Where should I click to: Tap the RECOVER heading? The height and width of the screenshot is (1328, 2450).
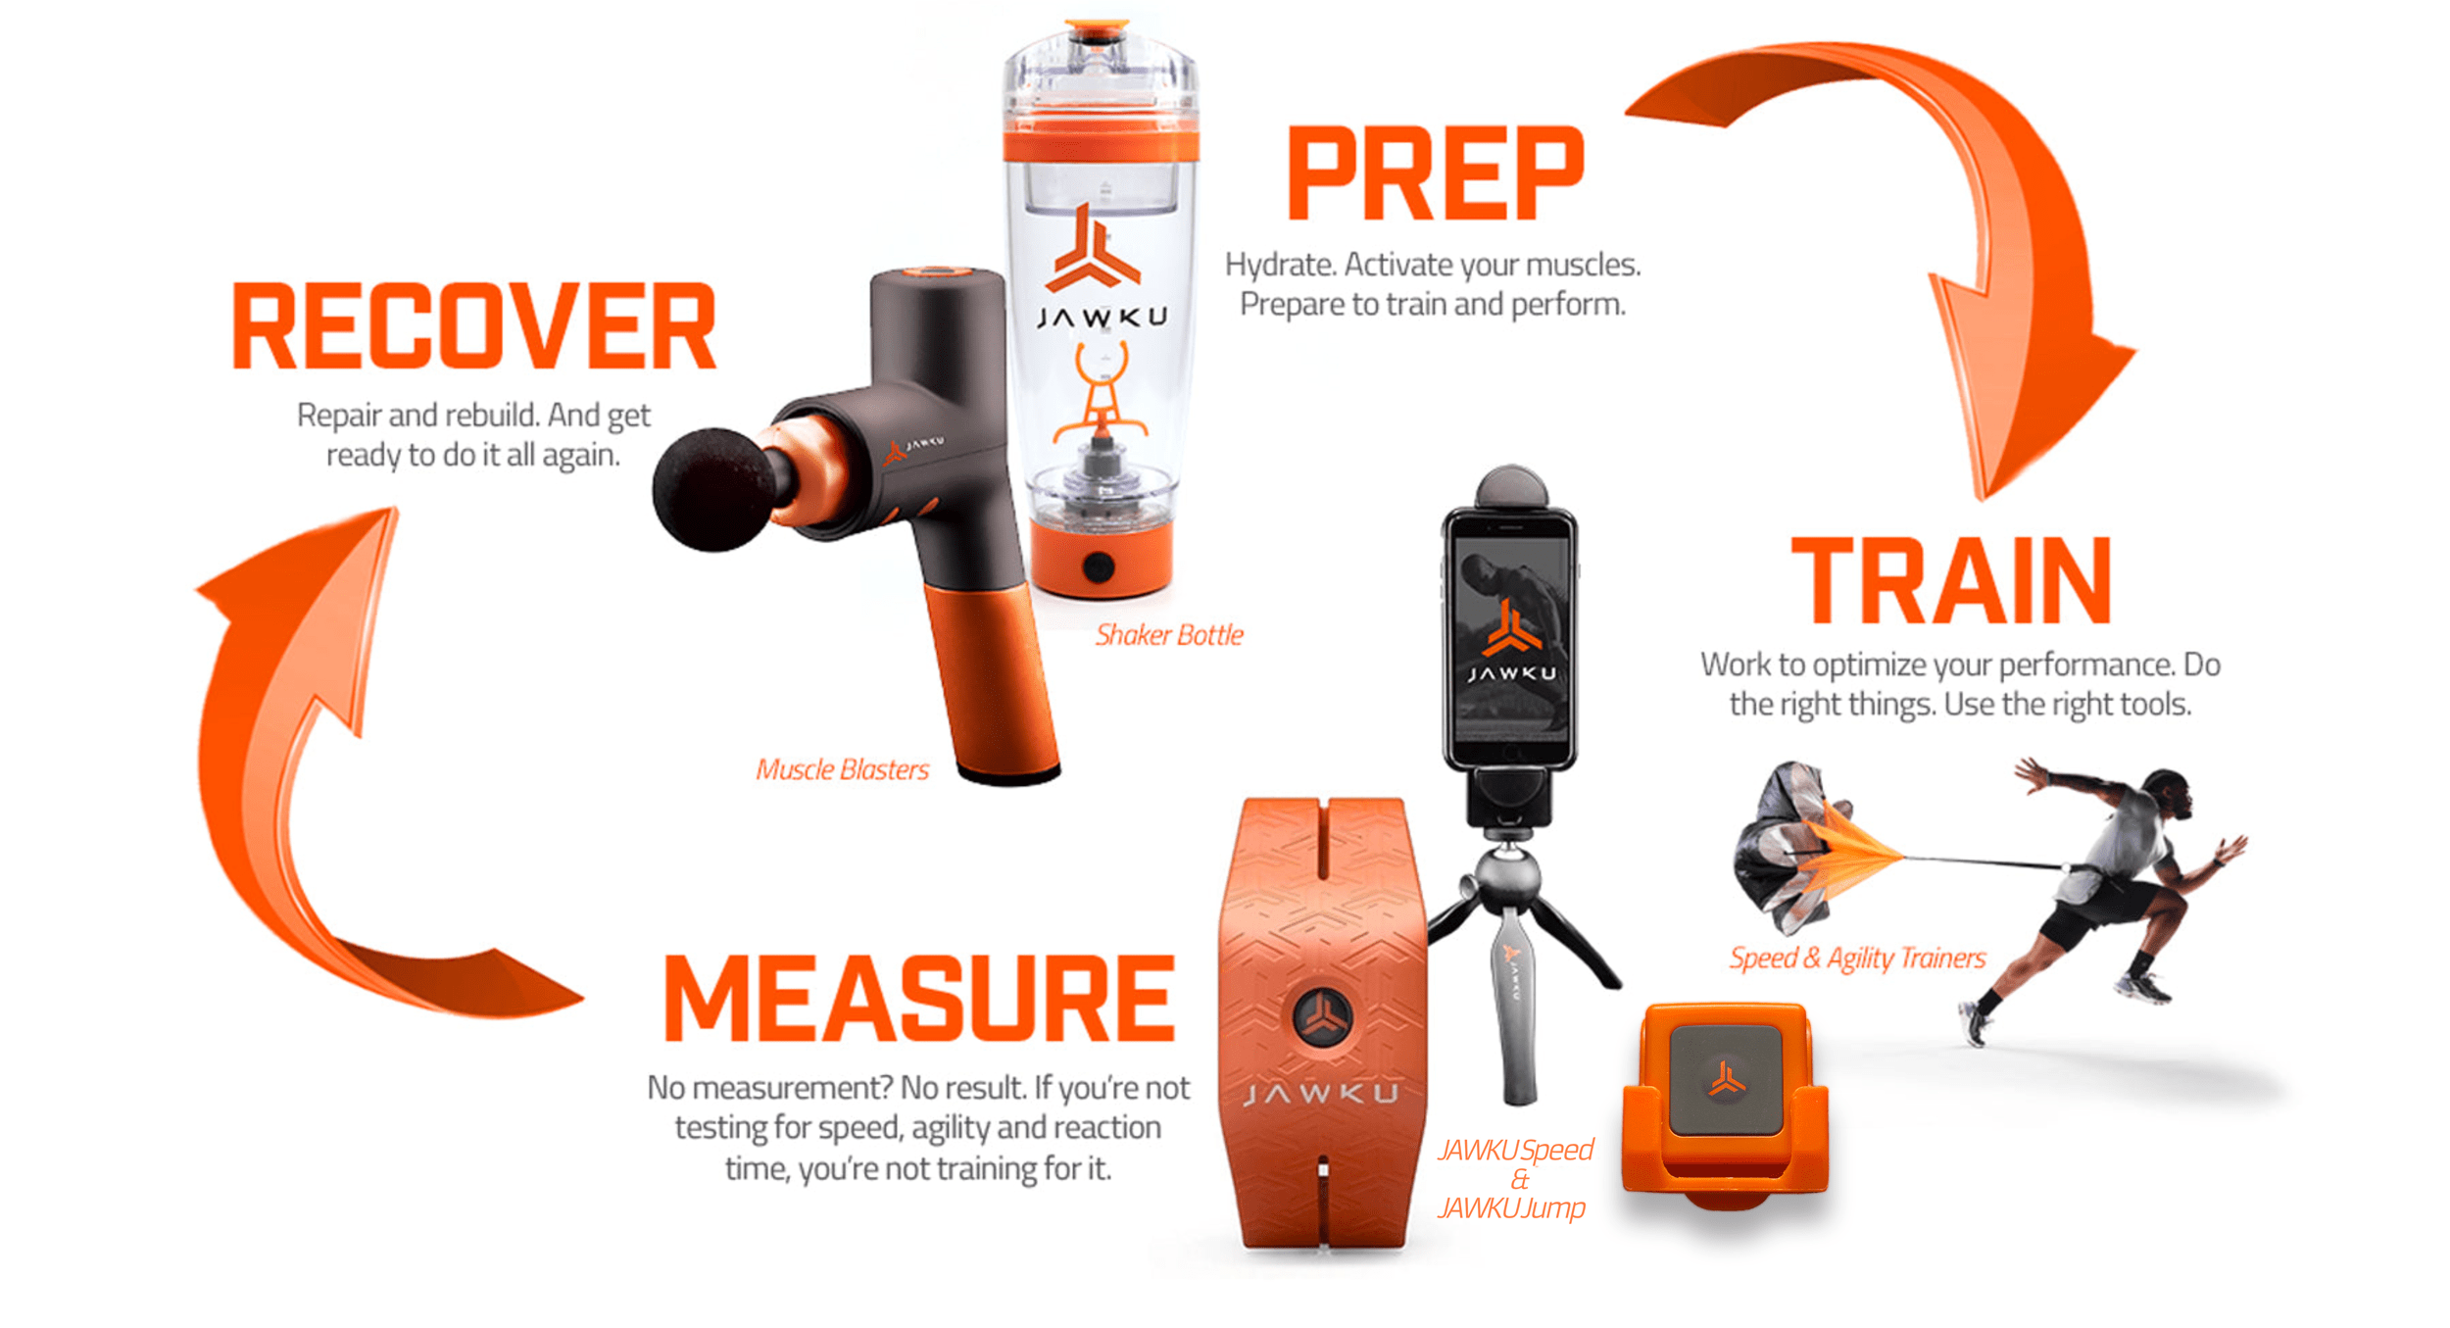click(474, 326)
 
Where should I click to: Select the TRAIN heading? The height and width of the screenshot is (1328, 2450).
click(1950, 580)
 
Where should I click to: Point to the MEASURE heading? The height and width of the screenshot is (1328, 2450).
click(919, 998)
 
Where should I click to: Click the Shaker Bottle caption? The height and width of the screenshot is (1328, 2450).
click(1169, 635)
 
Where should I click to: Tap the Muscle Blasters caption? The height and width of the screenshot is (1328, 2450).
click(842, 769)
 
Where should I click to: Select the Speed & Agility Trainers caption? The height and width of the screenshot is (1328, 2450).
click(1857, 958)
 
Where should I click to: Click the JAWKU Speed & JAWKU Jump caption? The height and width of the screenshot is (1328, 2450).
click(1515, 1178)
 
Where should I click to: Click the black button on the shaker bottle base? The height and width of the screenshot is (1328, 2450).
click(1098, 566)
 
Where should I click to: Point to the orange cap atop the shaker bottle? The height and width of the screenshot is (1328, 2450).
click(1099, 26)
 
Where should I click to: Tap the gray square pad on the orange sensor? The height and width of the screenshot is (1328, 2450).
click(1726, 1080)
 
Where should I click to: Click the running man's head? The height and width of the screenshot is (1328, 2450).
click(2167, 799)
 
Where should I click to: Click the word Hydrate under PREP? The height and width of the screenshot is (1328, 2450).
click(1280, 265)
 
